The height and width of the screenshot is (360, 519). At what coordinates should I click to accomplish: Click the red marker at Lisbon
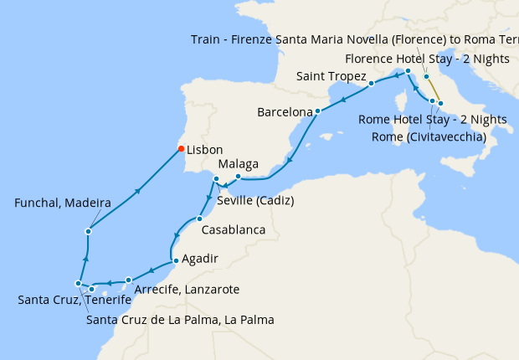180,149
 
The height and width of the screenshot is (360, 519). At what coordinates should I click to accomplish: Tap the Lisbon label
204,150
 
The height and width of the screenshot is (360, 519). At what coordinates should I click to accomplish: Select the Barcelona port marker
318,111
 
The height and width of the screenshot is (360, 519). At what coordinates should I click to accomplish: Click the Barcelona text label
285,111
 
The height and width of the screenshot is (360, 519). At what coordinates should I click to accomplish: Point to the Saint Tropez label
331,77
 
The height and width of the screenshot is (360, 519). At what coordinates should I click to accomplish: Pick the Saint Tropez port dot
371,85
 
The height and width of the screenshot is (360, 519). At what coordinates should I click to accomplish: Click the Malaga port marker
238,177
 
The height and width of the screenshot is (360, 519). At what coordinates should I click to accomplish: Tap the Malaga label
238,164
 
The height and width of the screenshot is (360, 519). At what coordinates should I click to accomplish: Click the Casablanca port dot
199,219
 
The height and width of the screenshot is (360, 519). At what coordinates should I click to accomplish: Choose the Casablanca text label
234,229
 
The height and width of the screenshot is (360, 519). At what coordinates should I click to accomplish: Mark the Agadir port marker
174,261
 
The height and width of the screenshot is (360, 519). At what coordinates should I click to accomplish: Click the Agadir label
199,260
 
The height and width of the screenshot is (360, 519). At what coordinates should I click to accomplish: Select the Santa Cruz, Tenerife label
75,300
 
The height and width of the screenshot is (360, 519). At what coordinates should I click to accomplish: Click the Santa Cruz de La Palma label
180,320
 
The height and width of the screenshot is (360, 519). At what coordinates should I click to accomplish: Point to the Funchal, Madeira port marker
88,231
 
